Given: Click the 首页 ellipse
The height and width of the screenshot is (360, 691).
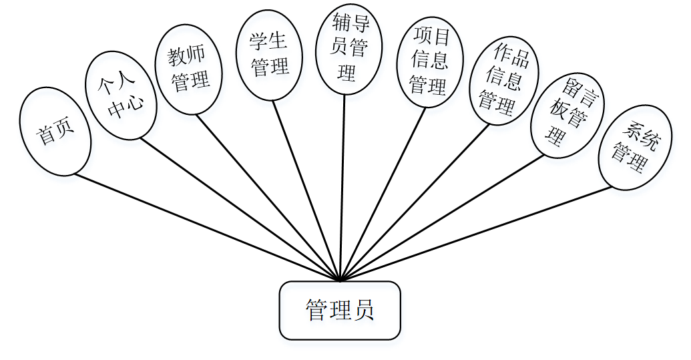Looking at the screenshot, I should point(55,132).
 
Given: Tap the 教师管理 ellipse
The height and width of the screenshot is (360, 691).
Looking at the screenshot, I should point(190,70).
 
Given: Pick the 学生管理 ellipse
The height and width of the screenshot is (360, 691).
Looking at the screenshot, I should point(270,55).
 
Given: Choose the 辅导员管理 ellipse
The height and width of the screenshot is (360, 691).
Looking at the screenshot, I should point(348,51).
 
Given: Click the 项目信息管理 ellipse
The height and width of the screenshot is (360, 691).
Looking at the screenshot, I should point(429,61).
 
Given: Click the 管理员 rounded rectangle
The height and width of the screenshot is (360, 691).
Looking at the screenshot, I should point(340,311).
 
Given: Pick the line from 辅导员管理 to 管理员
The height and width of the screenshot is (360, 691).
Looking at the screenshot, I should point(342,187).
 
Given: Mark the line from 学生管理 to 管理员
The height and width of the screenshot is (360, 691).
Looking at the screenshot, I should point(307,190).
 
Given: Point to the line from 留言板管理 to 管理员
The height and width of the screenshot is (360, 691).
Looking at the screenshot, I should point(441,218).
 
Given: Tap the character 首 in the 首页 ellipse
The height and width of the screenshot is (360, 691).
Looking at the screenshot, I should point(46,136).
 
